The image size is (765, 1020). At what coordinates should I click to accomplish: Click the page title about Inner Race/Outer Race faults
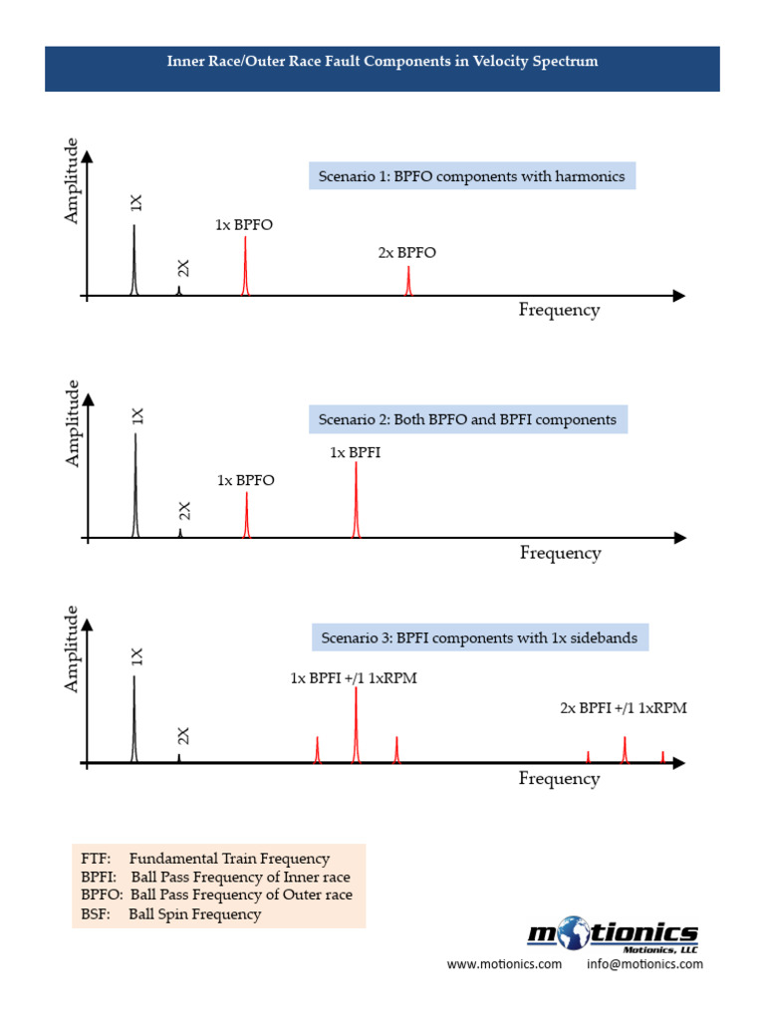(382, 62)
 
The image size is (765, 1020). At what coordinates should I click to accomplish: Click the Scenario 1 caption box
(471, 176)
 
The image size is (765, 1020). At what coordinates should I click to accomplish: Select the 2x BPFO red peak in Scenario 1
(408, 281)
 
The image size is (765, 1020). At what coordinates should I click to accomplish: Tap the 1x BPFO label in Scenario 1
(244, 225)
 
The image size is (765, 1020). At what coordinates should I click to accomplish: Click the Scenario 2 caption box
(467, 420)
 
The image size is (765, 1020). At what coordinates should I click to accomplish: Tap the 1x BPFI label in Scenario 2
(356, 452)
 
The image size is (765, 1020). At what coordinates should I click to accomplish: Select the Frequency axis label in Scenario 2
(560, 553)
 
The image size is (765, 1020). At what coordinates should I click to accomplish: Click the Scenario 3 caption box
(479, 637)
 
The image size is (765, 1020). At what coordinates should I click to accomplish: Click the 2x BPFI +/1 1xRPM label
(624, 708)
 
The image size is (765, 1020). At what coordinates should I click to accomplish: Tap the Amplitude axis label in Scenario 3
(71, 648)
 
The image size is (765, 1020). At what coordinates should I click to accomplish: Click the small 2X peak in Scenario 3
(179, 757)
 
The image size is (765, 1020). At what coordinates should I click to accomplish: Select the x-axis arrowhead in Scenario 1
(678, 296)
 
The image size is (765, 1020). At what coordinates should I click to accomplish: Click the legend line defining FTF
(205, 859)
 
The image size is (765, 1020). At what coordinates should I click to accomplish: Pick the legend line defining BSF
(171, 914)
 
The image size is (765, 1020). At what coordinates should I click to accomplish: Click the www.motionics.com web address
(504, 964)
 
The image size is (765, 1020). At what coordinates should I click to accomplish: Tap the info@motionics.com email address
(644, 964)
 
